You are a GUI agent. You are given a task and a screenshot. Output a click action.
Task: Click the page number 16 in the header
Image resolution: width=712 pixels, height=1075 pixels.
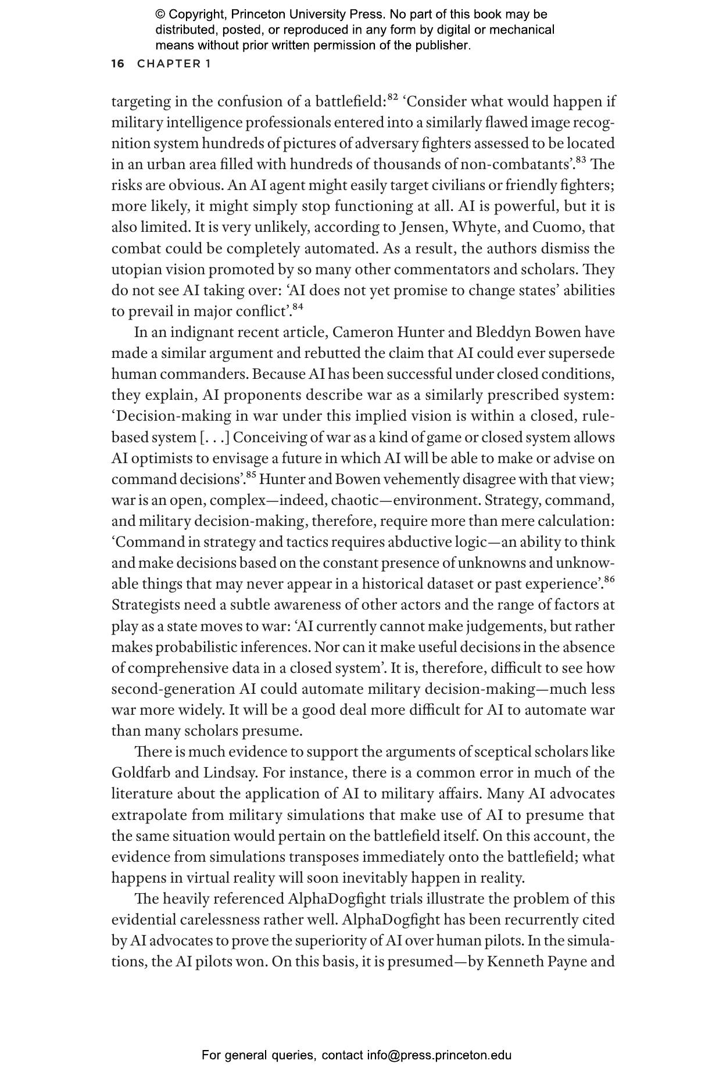(117, 64)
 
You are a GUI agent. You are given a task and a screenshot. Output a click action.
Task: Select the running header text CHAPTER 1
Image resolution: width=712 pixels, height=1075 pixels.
(174, 64)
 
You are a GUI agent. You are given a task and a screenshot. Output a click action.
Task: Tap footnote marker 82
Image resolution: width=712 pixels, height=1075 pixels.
(393, 96)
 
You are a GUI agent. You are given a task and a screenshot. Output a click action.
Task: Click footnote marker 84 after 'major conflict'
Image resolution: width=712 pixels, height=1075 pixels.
(298, 306)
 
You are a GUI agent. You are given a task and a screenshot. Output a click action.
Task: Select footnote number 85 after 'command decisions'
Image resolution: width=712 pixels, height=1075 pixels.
(251, 474)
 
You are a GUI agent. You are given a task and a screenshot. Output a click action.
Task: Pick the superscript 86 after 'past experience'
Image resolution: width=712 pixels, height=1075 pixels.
(609, 579)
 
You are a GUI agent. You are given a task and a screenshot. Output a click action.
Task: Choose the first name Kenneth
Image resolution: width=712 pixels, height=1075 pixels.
(514, 962)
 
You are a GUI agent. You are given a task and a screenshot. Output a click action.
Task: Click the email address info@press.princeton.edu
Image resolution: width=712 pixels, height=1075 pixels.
(439, 1055)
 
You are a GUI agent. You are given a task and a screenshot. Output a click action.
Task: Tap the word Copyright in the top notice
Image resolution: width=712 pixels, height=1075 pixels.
(197, 15)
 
